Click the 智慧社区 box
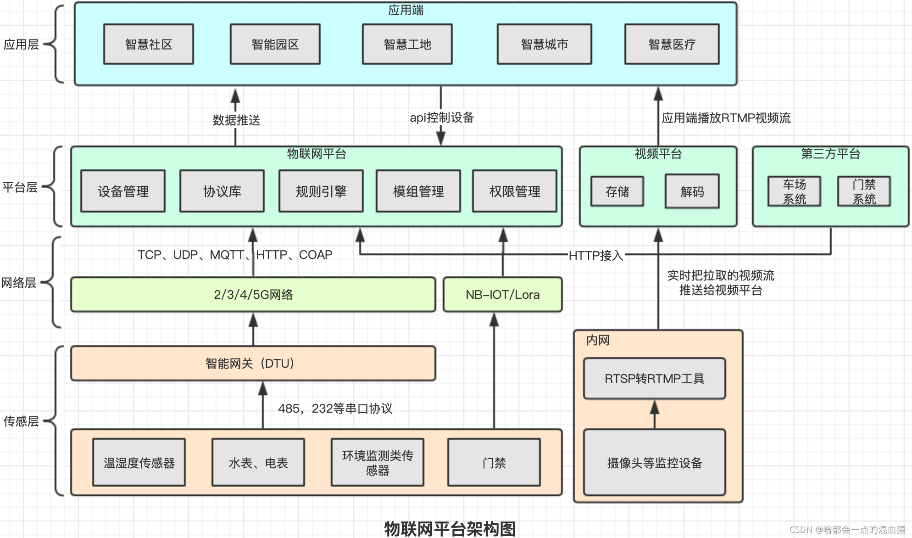(x=149, y=44)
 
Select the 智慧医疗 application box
(x=672, y=44)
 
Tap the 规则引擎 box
(x=321, y=191)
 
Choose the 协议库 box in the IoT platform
(x=222, y=191)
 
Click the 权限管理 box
(x=515, y=191)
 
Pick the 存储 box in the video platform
(x=617, y=191)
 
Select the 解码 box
(x=692, y=191)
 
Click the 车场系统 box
(x=795, y=191)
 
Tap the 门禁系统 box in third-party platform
(x=864, y=191)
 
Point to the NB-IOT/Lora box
(x=503, y=295)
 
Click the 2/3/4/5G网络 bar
(x=253, y=295)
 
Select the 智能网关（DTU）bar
(x=253, y=364)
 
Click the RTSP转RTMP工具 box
(x=655, y=379)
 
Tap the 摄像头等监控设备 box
(x=655, y=463)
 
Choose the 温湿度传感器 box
(x=139, y=463)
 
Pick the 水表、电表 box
(x=258, y=463)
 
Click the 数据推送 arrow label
(x=236, y=120)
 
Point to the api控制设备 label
(x=442, y=118)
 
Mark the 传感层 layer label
(x=21, y=421)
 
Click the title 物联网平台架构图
(x=450, y=529)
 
